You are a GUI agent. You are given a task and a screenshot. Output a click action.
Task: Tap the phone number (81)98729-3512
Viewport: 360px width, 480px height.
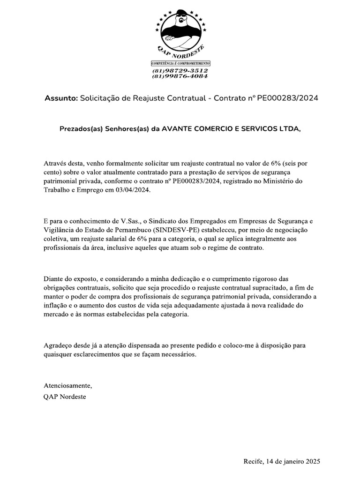pos(180,70)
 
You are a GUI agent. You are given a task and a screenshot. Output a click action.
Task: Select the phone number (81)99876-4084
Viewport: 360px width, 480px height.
pos(180,76)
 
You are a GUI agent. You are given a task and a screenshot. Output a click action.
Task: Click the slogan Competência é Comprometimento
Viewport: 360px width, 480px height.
pos(180,63)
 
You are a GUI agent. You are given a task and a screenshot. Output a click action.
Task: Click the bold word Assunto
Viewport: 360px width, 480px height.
pos(61,98)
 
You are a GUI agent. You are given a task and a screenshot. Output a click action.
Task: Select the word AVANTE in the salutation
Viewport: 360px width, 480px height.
pos(176,128)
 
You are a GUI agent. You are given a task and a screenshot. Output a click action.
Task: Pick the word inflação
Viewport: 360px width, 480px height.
pos(57,305)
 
